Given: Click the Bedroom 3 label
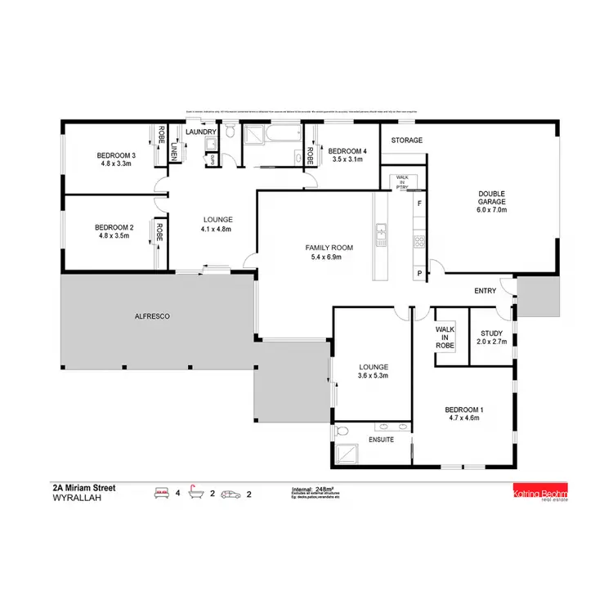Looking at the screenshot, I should [115, 155].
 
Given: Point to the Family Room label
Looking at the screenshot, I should [329, 247].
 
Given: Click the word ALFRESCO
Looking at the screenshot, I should [153, 315].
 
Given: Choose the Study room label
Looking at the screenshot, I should [492, 333].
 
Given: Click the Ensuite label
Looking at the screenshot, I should [382, 440].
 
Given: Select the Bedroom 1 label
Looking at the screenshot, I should [464, 409].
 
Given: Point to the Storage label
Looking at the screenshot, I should [406, 141].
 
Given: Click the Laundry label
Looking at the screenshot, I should [201, 132].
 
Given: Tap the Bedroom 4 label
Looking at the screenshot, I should [347, 151].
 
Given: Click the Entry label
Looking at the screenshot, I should [485, 291].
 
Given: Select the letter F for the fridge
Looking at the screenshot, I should [419, 202].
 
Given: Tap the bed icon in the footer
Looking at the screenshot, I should [161, 492].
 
